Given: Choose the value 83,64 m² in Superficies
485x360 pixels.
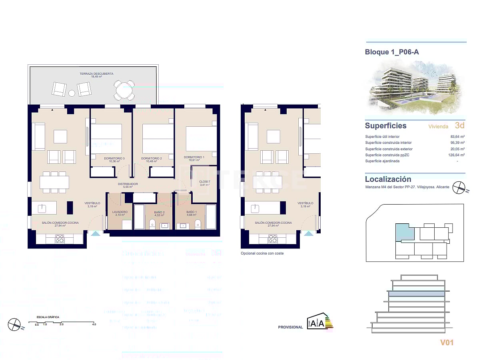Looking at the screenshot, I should pyautogui.click(x=457, y=137).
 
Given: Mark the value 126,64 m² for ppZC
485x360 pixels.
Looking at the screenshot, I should pyautogui.click(x=456, y=155).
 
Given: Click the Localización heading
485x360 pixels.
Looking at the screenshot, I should pyautogui.click(x=388, y=179).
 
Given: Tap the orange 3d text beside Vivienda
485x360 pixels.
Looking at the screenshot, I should pyautogui.click(x=460, y=125).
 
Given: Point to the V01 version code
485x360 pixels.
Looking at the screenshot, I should pyautogui.click(x=448, y=342).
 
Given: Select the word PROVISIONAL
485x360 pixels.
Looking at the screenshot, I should pyautogui.click(x=290, y=327).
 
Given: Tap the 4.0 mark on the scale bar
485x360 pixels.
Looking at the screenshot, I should pyautogui.click(x=94, y=324).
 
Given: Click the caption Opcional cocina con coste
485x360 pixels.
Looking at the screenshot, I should pyautogui.click(x=262, y=253).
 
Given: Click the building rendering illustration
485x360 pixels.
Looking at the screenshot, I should pyautogui.click(x=416, y=87).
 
